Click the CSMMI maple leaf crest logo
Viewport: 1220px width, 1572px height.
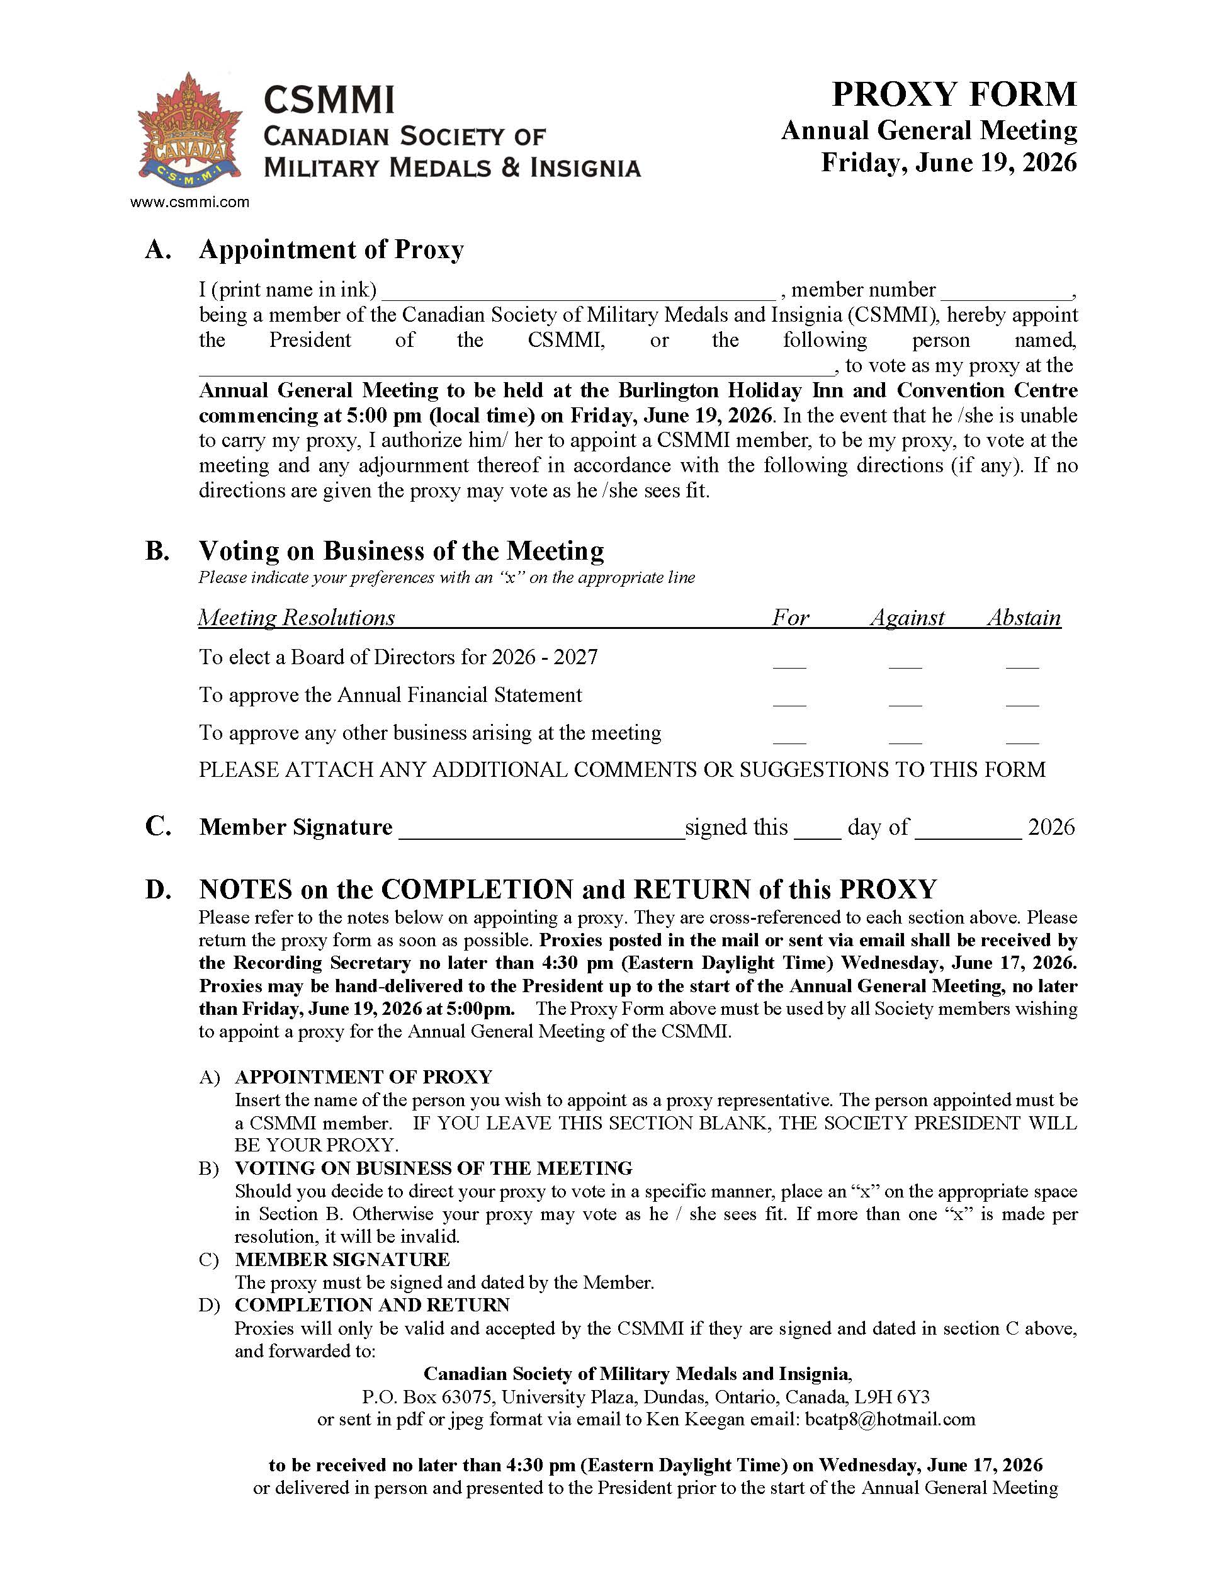(x=189, y=127)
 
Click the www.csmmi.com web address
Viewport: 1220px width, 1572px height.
(x=189, y=202)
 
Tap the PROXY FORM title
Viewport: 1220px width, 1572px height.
(x=954, y=94)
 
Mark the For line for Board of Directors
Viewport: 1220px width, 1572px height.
(x=789, y=664)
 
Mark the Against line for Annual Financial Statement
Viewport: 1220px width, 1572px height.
(x=905, y=702)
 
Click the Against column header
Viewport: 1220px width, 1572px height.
(x=907, y=618)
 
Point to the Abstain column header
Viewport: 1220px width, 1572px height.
(x=1024, y=618)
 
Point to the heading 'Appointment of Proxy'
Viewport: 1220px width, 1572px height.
(x=331, y=249)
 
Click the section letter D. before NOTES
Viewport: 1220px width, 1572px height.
(x=159, y=890)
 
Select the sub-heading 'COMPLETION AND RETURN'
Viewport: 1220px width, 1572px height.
(x=372, y=1305)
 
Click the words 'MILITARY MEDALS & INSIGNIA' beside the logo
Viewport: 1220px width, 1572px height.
(x=452, y=167)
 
